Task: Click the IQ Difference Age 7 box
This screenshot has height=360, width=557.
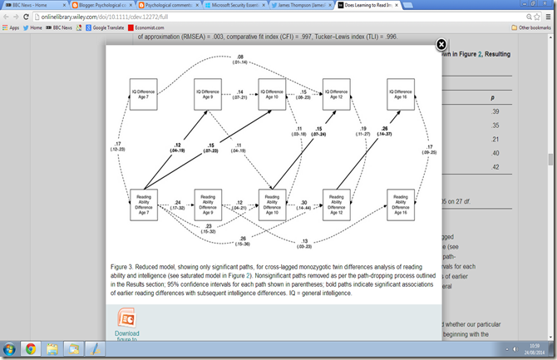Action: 145,92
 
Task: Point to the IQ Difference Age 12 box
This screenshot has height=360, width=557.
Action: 334,92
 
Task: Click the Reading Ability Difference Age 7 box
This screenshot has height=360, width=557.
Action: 145,205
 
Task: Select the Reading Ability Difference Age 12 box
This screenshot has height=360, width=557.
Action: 334,205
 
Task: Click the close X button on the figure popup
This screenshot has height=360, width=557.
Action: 441,44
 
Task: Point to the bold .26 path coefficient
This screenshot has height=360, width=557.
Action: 385,130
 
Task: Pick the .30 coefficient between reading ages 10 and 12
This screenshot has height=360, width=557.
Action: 303,201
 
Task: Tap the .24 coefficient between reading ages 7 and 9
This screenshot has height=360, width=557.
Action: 176,200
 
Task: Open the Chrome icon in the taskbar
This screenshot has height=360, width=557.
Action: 31,349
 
